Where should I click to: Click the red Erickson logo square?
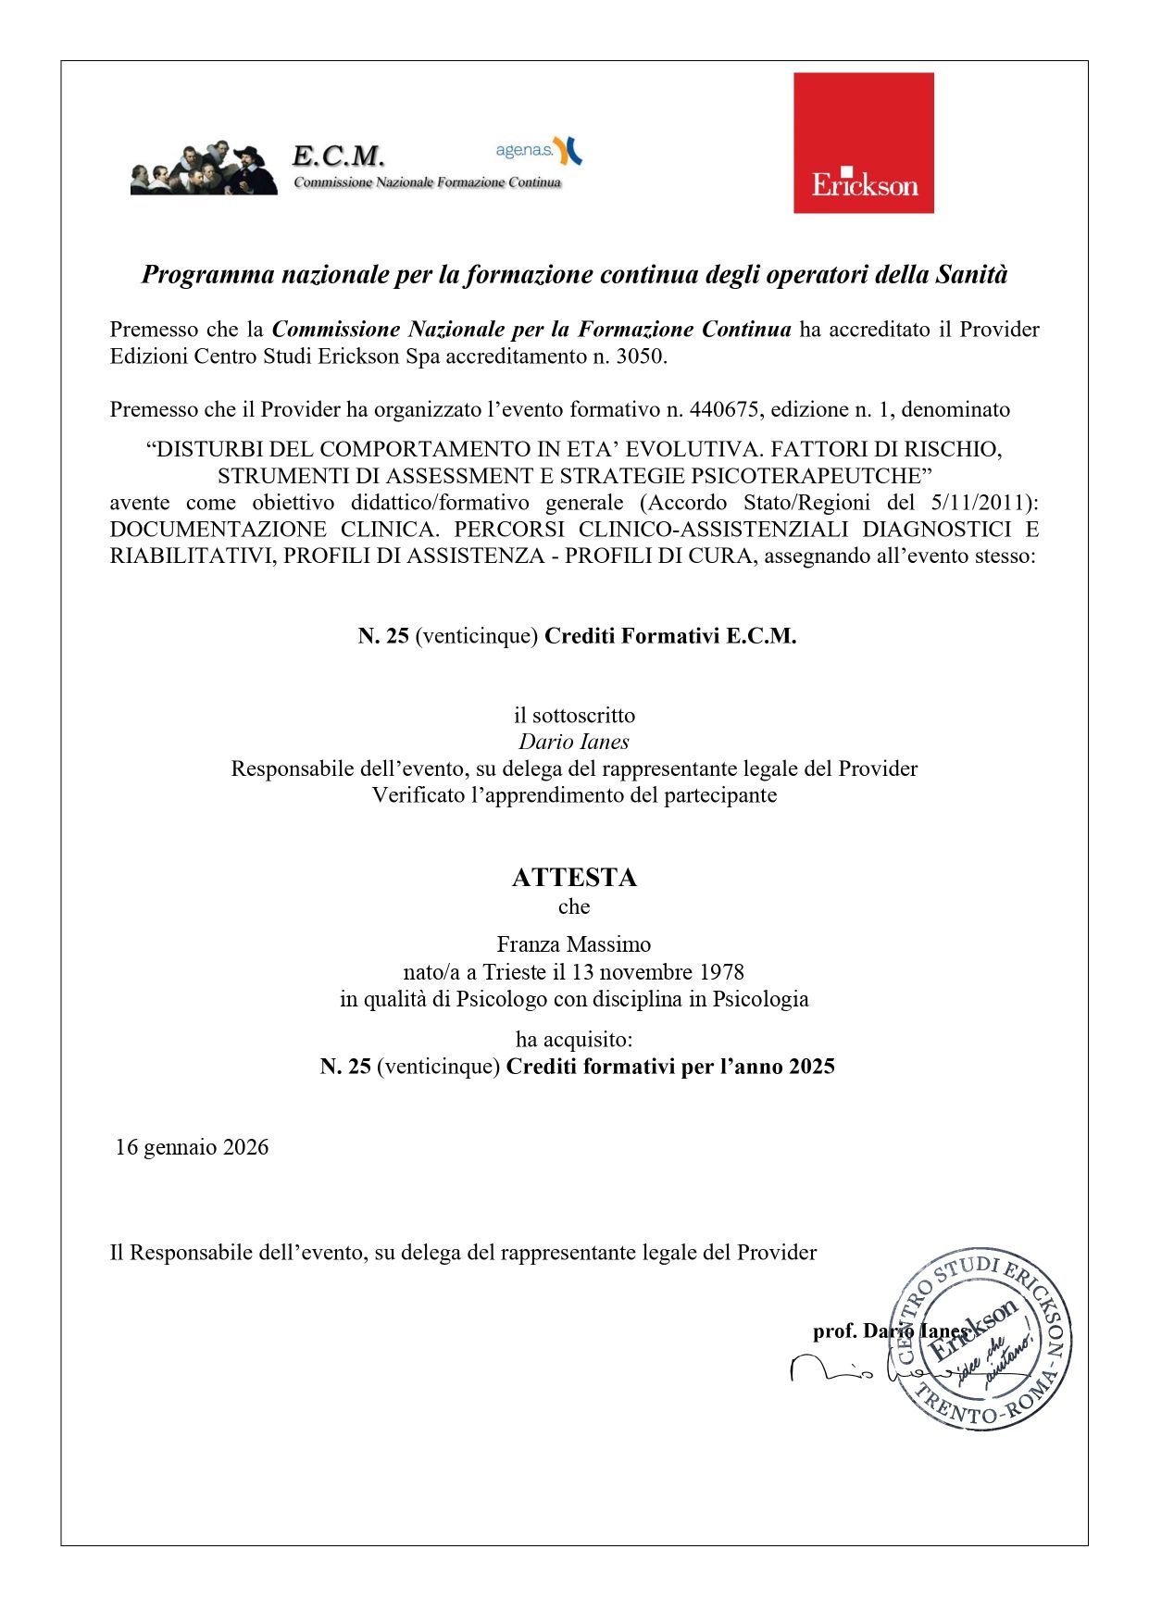[863, 143]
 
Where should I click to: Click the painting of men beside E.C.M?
[204, 169]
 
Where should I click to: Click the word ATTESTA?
[574, 877]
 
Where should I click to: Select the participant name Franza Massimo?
[574, 944]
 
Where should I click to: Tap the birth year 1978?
[721, 972]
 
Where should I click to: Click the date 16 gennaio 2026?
[192, 1147]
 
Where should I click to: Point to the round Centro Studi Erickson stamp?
[981, 1339]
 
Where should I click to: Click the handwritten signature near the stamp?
[833, 1368]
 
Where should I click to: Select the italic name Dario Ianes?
[574, 742]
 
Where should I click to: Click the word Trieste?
[514, 972]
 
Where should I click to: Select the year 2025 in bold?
[811, 1067]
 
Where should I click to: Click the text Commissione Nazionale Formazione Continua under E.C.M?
[427, 182]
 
